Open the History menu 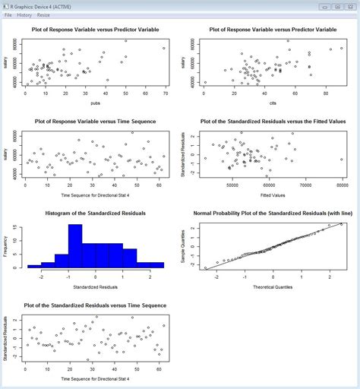coord(24,14)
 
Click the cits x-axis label coord(273,102)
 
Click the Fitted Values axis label coord(273,194)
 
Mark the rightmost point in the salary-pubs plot coord(163,48)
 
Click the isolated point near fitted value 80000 coord(342,160)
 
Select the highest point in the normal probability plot coord(341,224)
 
